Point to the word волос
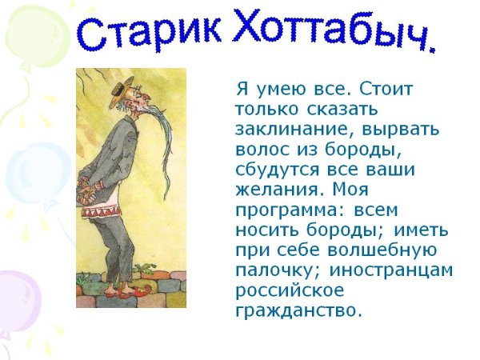click(x=261, y=148)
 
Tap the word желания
click(x=277, y=190)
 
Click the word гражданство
click(x=298, y=310)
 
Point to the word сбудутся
click(x=276, y=169)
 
